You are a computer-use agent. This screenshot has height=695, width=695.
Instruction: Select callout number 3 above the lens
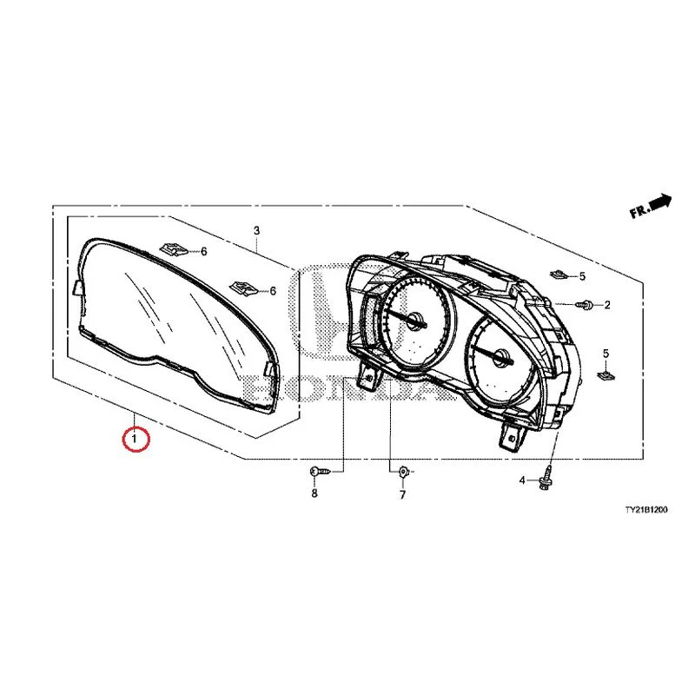pyautogui.click(x=256, y=230)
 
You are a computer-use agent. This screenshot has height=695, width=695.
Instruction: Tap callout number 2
pyautogui.click(x=607, y=305)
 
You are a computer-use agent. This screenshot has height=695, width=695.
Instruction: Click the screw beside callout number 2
pyautogui.click(x=585, y=305)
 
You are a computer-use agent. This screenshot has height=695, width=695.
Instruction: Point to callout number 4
pyautogui.click(x=522, y=480)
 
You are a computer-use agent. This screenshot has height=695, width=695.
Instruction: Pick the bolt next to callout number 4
pyautogui.click(x=546, y=478)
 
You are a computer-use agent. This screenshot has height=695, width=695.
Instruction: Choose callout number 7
pyautogui.click(x=402, y=494)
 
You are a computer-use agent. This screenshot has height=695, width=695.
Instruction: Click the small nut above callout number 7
pyautogui.click(x=403, y=472)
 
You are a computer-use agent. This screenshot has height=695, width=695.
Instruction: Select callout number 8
pyautogui.click(x=314, y=493)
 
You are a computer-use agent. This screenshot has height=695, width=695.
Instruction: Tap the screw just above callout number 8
pyautogui.click(x=320, y=471)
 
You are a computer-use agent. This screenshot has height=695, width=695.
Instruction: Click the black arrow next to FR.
pyautogui.click(x=660, y=202)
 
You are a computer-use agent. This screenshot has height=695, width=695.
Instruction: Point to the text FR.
pyautogui.click(x=639, y=211)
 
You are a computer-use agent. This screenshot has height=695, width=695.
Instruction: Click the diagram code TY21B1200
pyautogui.click(x=645, y=510)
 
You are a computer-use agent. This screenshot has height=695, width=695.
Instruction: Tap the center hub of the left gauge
pyautogui.click(x=416, y=320)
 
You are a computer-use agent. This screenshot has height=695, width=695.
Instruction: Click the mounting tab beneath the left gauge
pyautogui.click(x=369, y=375)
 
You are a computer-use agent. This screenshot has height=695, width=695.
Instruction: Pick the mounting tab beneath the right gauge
pyautogui.click(x=513, y=436)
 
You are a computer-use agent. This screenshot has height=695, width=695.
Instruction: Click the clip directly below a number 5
pyautogui.click(x=605, y=376)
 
